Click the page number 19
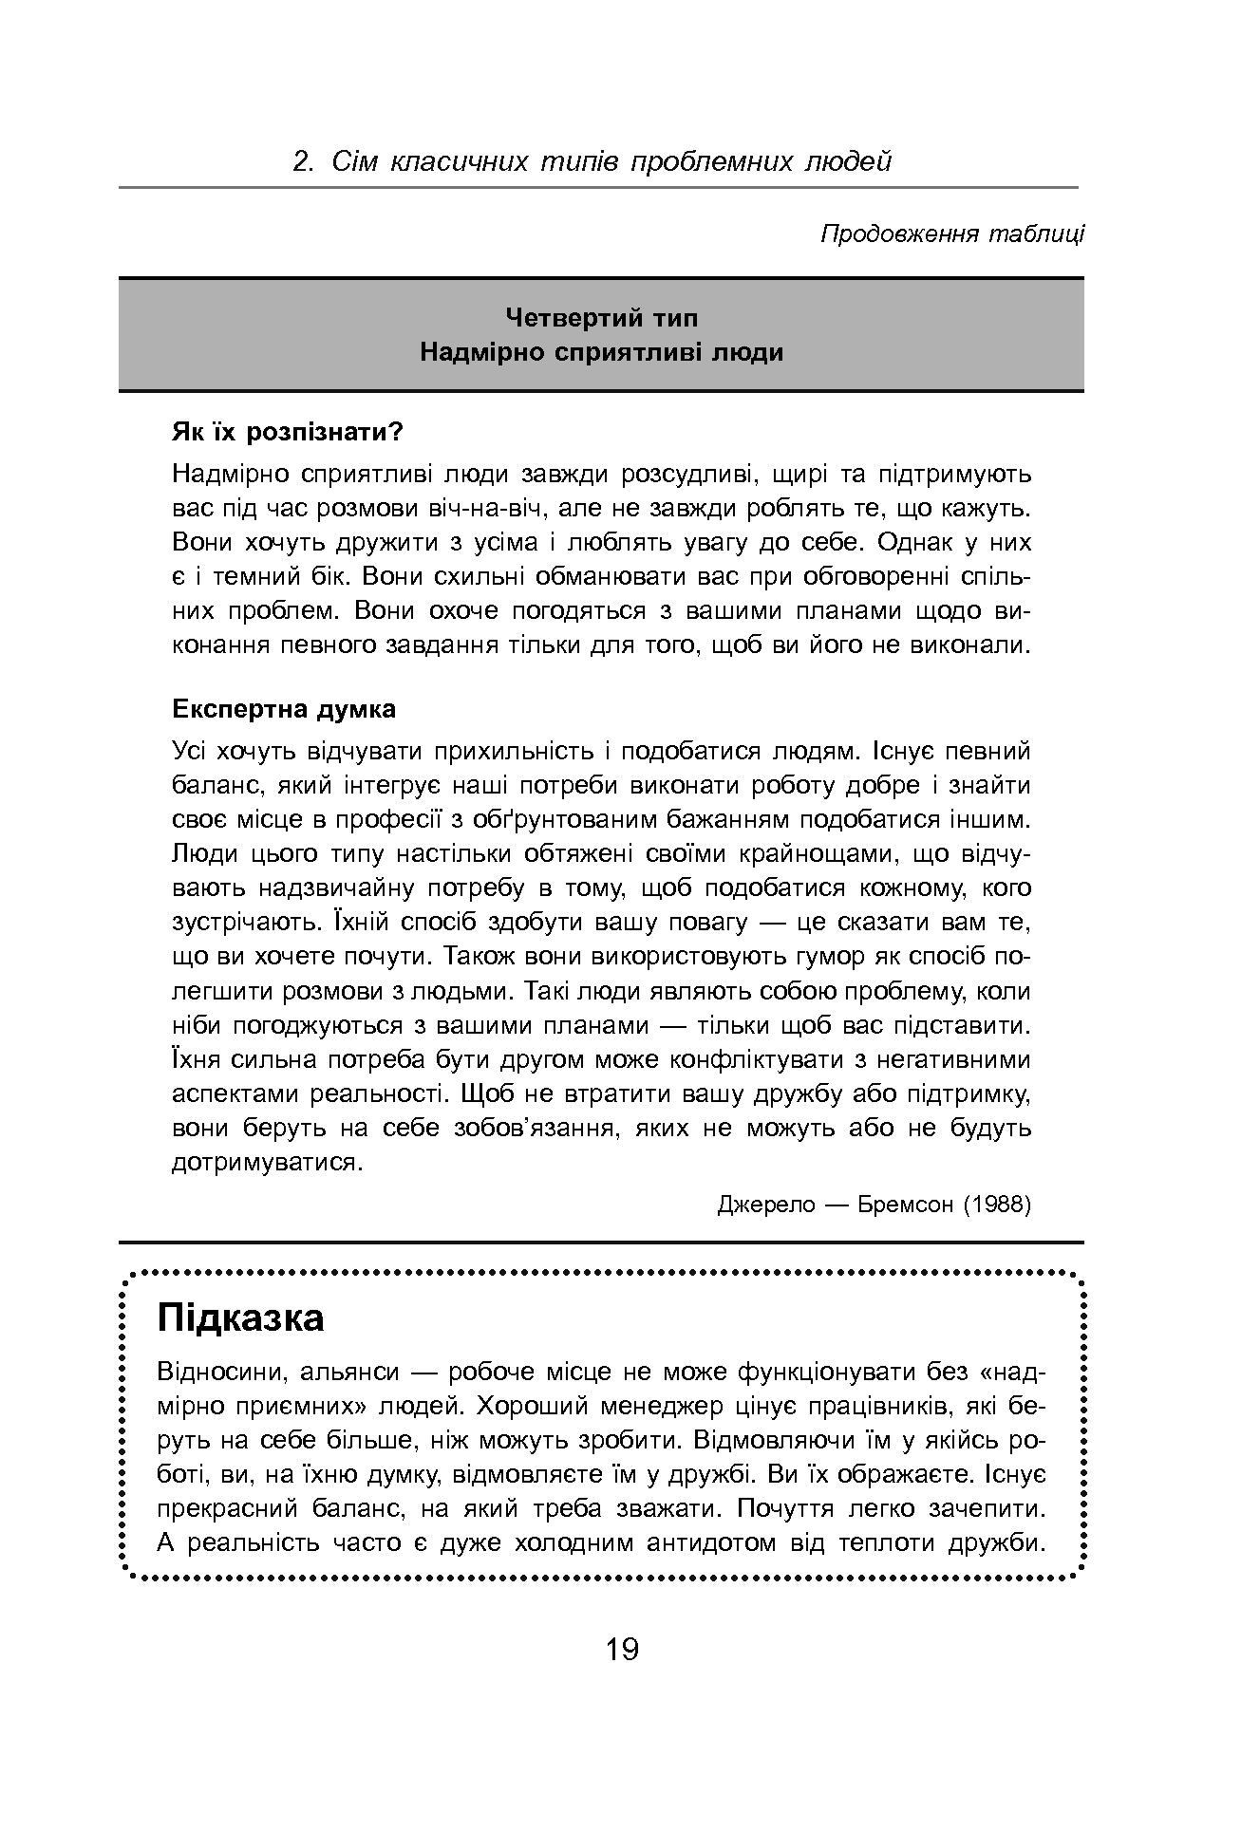(x=622, y=1649)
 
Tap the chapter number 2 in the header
(x=301, y=162)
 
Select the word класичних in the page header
(x=460, y=162)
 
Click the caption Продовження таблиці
(x=951, y=234)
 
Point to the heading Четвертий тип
(x=601, y=317)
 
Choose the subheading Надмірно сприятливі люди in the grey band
(x=601, y=352)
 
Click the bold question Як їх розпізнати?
(x=287, y=433)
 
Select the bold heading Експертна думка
(x=284, y=709)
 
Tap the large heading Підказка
(x=241, y=1317)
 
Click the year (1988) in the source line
(x=996, y=1205)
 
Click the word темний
(x=254, y=577)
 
